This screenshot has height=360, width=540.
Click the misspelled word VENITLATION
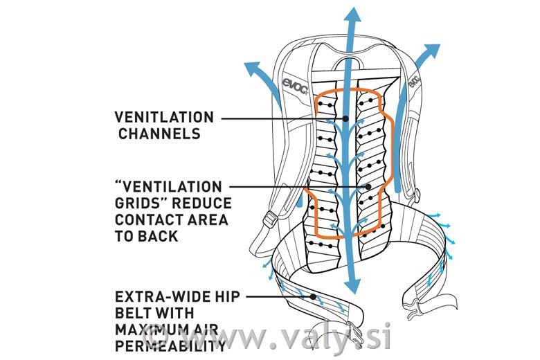pyautogui.click(x=164, y=117)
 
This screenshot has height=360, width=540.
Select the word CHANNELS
pyautogui.click(x=159, y=134)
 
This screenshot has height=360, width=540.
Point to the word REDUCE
pyautogui.click(x=202, y=204)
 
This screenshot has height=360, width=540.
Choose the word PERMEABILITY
pyautogui.click(x=170, y=346)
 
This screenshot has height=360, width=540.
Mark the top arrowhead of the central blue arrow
pyautogui.click(x=352, y=15)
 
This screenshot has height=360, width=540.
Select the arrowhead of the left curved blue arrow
pyautogui.click(x=253, y=69)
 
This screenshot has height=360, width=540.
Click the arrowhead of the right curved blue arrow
pyautogui.click(x=431, y=52)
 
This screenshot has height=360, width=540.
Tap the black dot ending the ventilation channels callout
pyautogui.click(x=345, y=118)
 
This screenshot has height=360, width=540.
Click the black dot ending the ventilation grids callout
pyautogui.click(x=368, y=187)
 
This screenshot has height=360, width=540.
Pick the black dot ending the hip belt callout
pyautogui.click(x=313, y=296)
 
